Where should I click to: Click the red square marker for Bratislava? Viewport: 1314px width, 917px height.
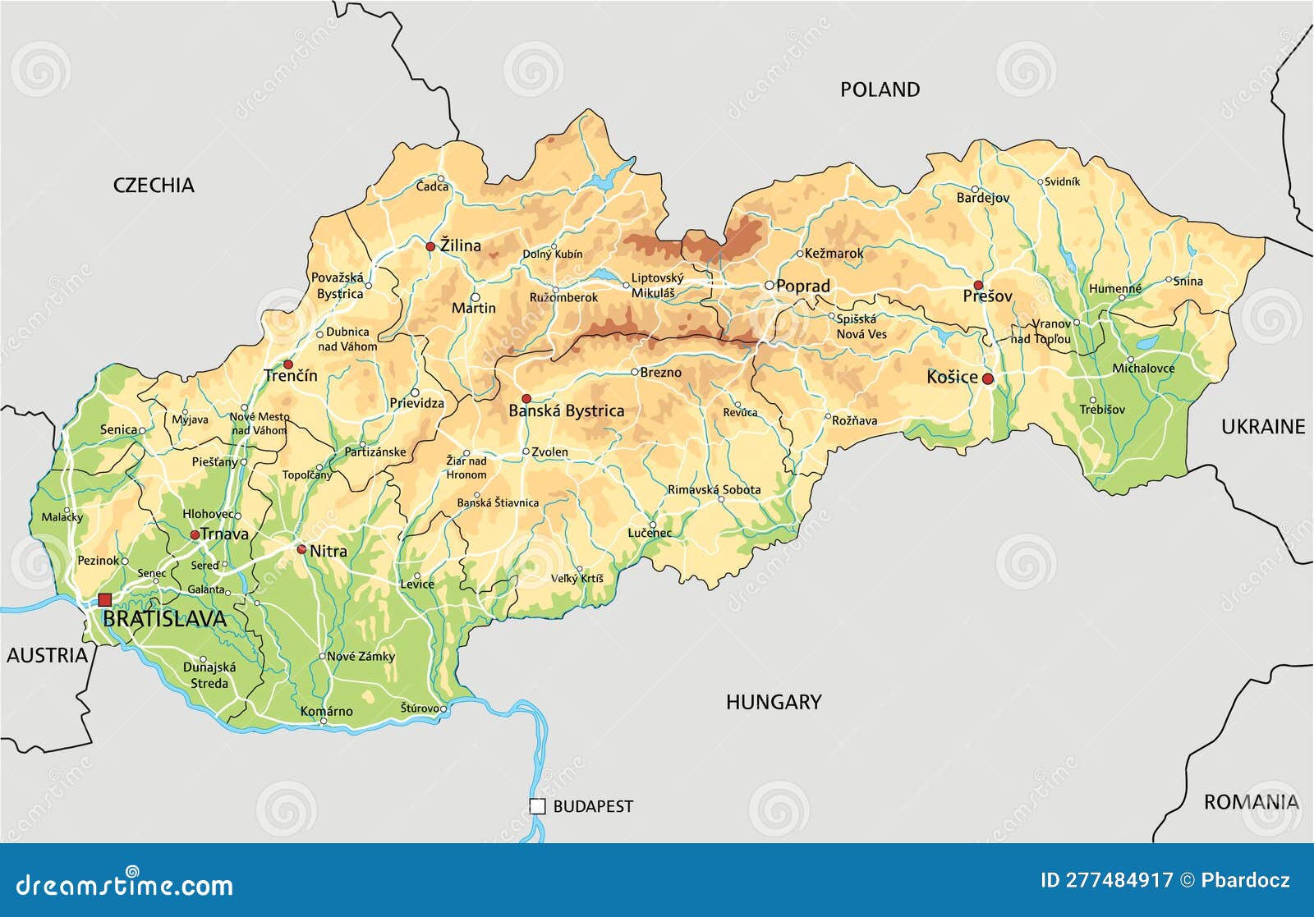coord(104,600)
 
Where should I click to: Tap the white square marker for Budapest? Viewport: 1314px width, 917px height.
coord(537,806)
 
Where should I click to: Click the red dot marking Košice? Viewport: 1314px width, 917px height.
coord(988,379)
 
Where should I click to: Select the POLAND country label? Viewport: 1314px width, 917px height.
coord(880,89)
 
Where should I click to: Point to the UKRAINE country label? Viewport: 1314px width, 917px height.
coord(1262,426)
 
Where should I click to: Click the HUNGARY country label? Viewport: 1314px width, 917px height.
coord(773,702)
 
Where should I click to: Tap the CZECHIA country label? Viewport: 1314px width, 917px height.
coord(154,186)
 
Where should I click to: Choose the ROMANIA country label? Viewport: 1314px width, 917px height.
coord(1251,802)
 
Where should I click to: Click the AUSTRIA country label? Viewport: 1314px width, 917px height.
coord(47,655)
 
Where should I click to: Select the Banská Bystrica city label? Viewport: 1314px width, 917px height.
coord(566,411)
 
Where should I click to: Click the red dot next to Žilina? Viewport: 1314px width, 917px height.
coord(430,246)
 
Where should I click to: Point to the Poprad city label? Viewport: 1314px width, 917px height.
coord(802,287)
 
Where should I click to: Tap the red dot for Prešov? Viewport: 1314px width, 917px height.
coord(978,285)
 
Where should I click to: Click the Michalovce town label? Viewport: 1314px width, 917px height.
coord(1143,369)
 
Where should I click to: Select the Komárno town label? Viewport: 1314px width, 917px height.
coord(326,711)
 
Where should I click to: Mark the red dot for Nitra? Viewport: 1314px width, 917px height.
coord(301,549)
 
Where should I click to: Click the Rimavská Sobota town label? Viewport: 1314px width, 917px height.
coord(714,489)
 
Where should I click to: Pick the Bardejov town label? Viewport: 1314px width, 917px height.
coord(982,198)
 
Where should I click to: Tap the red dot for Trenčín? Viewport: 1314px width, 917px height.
coord(288,364)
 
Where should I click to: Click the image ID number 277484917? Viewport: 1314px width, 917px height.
coord(1119,880)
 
